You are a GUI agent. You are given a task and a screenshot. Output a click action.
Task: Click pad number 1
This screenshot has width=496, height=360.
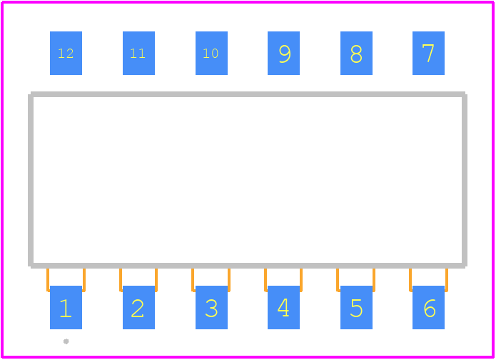[x=66, y=307]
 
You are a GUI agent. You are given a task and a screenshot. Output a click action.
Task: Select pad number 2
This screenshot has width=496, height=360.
[x=138, y=307]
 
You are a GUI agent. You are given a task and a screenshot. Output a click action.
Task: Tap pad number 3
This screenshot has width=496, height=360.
[x=211, y=307]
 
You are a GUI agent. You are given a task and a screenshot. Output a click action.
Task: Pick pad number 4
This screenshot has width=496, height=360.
[x=283, y=307]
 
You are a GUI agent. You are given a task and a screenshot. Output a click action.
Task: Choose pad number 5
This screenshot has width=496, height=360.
[x=356, y=307]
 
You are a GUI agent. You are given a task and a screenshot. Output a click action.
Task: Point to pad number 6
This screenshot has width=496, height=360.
[x=428, y=307]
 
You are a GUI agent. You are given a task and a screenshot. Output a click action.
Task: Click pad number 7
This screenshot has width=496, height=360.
[x=428, y=53]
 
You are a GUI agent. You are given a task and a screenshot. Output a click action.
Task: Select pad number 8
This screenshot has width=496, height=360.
[x=356, y=53]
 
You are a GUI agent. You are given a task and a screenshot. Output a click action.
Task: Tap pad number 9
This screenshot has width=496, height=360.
[x=283, y=53]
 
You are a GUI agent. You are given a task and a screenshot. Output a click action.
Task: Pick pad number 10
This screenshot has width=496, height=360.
[x=211, y=53]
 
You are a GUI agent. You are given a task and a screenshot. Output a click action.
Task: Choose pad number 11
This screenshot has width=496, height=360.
[x=138, y=53]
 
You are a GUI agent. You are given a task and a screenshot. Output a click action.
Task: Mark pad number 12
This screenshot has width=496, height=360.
[x=66, y=53]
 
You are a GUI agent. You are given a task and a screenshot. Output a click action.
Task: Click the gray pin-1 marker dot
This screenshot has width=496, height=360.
[x=66, y=341]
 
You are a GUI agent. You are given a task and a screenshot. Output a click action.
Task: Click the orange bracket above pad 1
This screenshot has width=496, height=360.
[x=48, y=280]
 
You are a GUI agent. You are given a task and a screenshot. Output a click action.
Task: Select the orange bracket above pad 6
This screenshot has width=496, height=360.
[x=410, y=280]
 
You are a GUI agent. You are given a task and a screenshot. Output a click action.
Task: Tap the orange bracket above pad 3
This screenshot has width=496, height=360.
[x=193, y=280]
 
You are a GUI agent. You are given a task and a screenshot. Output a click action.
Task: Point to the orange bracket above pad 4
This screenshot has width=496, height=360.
[x=265, y=280]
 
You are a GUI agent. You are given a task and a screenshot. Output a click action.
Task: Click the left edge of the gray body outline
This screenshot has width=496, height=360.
[x=31, y=180]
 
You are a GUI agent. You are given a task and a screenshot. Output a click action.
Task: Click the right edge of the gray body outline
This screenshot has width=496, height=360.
[x=465, y=180]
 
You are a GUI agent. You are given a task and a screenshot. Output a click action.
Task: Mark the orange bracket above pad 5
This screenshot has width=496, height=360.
[x=338, y=280]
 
